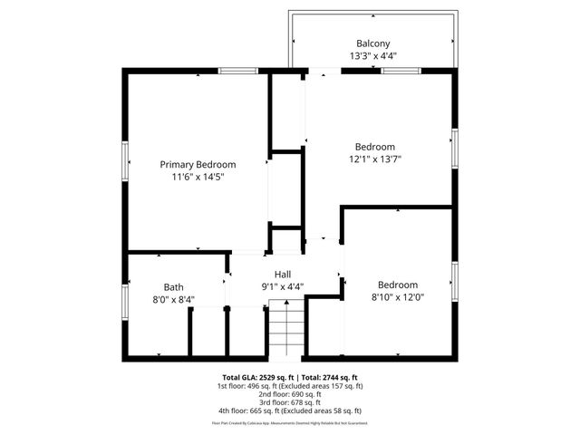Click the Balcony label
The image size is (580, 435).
[372, 43]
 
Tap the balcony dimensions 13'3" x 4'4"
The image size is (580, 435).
[372, 55]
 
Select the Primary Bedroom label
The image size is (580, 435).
[198, 164]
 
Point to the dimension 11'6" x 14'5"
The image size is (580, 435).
[198, 177]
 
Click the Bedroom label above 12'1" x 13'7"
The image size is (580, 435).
[374, 147]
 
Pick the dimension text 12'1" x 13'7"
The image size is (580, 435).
[374, 159]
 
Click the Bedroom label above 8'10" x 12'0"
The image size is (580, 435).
[398, 284]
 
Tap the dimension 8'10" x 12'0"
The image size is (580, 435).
[398, 296]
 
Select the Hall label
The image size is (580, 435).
[283, 274]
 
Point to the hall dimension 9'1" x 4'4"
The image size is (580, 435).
[283, 286]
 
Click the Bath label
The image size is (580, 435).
[173, 286]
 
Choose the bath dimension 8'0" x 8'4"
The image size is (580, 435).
[173, 299]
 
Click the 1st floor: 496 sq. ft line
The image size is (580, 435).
[290, 385]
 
